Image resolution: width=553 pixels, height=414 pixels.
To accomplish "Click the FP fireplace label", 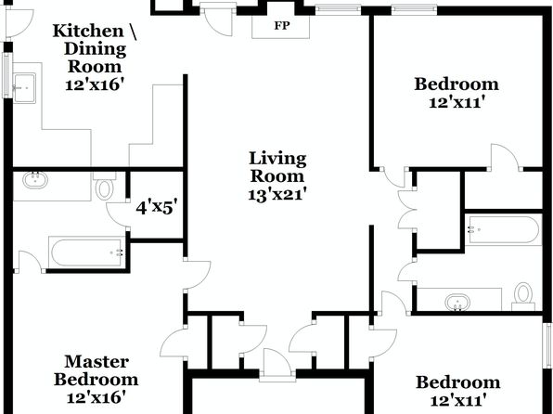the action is click(x=282, y=26).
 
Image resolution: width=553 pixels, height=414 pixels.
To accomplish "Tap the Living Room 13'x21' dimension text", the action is click(x=276, y=195).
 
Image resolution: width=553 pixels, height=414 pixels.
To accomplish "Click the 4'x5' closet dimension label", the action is click(x=156, y=208).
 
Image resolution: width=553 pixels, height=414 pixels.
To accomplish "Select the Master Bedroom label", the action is click(x=96, y=370).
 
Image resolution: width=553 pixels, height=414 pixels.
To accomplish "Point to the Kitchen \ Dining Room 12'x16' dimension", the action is click(x=96, y=85).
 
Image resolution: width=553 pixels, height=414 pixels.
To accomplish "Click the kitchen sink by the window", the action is click(x=24, y=88).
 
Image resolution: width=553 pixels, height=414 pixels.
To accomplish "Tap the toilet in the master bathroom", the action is click(x=105, y=188).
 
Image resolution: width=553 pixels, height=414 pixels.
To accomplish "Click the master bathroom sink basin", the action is click(x=35, y=180).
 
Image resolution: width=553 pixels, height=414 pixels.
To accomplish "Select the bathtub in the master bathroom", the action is click(x=87, y=252).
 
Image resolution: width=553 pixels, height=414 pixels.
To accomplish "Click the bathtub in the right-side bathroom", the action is click(x=503, y=229).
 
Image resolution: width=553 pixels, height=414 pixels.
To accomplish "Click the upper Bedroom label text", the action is click(x=457, y=84).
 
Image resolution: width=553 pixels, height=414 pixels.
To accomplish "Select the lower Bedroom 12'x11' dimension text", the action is click(x=459, y=401).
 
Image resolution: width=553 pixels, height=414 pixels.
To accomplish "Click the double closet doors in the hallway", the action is click(x=407, y=211).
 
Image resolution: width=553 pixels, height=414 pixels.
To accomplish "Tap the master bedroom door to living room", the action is click(x=198, y=276).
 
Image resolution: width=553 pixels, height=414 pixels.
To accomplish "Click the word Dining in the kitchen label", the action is click(x=96, y=49).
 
